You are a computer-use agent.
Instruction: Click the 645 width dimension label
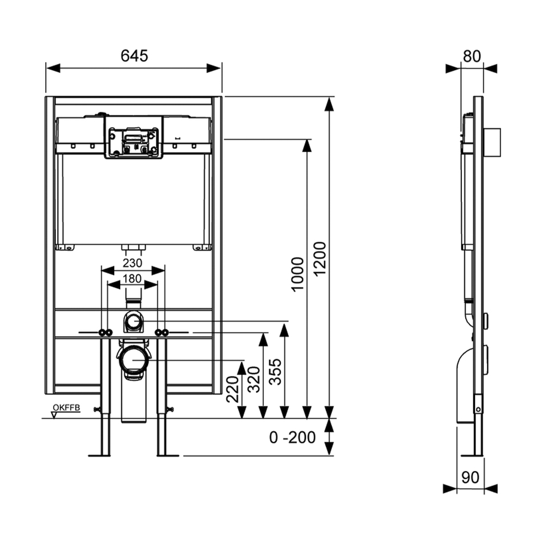134,55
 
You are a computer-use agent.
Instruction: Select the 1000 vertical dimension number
298,273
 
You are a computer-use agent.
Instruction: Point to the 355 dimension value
276,372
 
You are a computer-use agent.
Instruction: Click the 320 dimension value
254,378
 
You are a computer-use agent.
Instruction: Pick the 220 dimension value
233,389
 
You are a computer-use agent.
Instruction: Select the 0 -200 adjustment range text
293,437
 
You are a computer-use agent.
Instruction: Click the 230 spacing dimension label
132,263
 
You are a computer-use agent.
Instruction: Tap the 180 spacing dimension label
132,279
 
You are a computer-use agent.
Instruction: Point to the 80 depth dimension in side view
471,55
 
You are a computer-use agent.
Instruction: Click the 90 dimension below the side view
470,477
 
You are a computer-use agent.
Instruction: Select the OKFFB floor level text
66,407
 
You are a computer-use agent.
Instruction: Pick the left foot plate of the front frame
100,455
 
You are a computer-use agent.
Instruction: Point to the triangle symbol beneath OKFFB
53,415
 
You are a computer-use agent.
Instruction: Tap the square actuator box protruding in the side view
492,143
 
